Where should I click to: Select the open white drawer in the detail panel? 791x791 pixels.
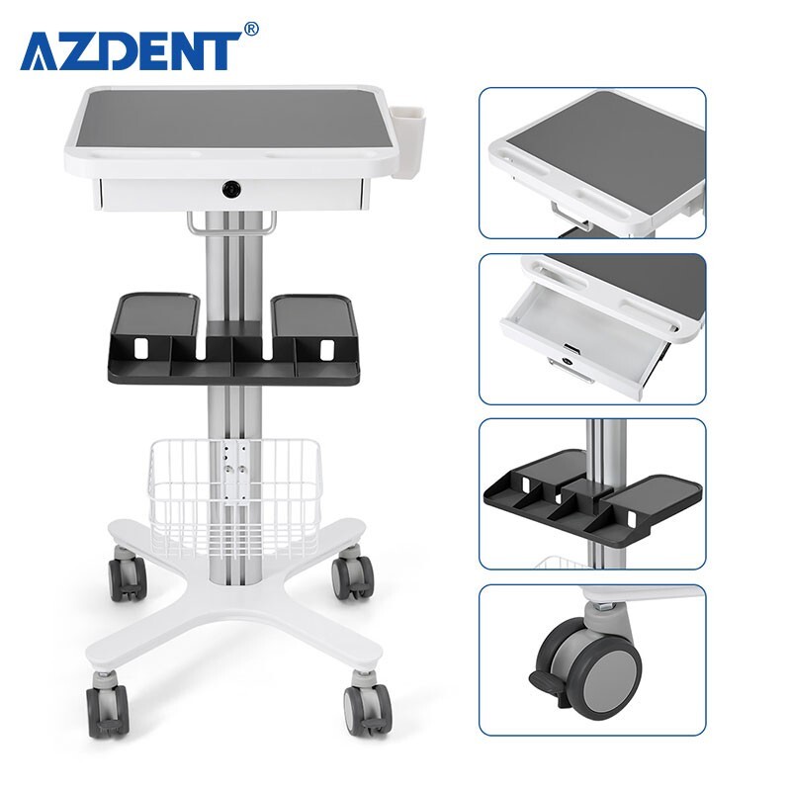pos(573,341)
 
